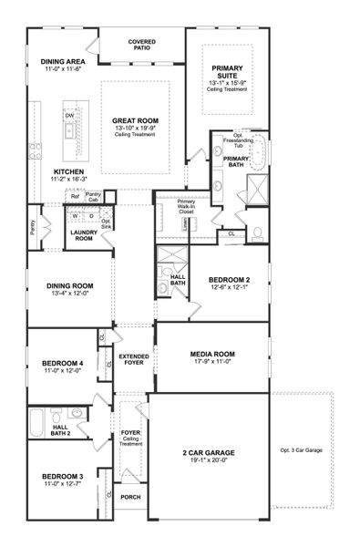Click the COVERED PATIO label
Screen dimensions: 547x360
[x=141, y=46]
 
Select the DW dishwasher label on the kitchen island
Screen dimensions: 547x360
[x=69, y=116]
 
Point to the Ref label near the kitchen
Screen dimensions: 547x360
[x=75, y=196]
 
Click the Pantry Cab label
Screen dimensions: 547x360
[x=93, y=197]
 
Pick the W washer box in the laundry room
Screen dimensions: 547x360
[x=77, y=215]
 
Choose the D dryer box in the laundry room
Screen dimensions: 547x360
[x=91, y=215]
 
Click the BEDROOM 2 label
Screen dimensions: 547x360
[x=228, y=280]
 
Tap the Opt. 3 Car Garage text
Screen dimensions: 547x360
[x=301, y=450]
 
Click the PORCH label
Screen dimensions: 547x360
[x=130, y=497]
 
